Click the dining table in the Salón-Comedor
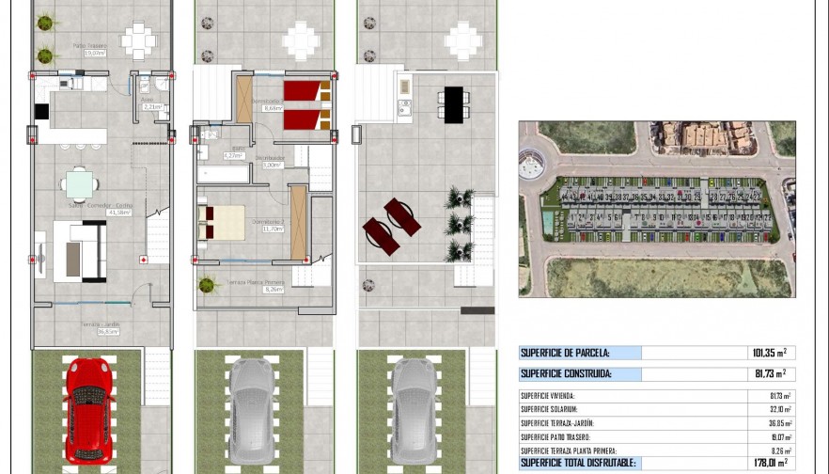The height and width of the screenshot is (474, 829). (x=81, y=183)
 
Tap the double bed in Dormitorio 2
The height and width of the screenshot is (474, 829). (x=222, y=223)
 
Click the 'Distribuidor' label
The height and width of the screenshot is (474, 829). (x=271, y=158)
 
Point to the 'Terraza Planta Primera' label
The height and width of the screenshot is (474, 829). (x=256, y=282)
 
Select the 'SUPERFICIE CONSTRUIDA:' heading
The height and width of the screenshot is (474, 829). (x=564, y=374)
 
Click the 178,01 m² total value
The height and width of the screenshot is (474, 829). (x=770, y=463)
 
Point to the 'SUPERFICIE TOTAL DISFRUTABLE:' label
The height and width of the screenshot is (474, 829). (x=578, y=463)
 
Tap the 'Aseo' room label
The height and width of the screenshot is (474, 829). (x=147, y=99)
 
